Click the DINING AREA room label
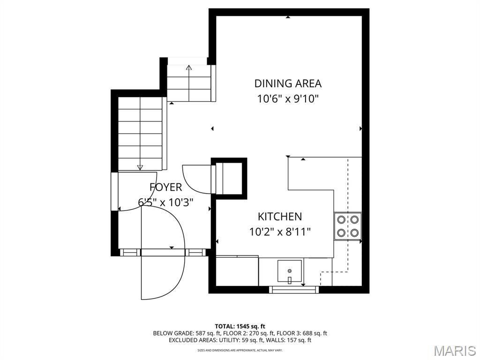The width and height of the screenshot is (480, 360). click(x=288, y=83)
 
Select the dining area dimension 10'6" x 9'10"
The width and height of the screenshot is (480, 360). click(x=288, y=99)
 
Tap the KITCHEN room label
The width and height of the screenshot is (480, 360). click(x=280, y=217)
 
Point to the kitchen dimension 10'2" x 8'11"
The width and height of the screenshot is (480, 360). click(x=280, y=232)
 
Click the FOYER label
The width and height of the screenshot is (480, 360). click(x=165, y=187)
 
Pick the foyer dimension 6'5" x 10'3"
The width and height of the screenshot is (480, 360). click(x=165, y=202)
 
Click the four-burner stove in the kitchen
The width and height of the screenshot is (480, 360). click(x=347, y=225)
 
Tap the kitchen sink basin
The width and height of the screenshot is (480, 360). click(x=290, y=271)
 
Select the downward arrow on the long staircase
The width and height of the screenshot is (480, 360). click(x=140, y=166)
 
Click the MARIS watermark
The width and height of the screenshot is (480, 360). click(x=454, y=350)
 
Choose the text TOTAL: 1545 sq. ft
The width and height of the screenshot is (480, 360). click(x=240, y=326)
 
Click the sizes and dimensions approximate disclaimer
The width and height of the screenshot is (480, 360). click(x=240, y=350)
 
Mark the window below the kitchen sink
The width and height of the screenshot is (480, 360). click(x=294, y=289)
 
